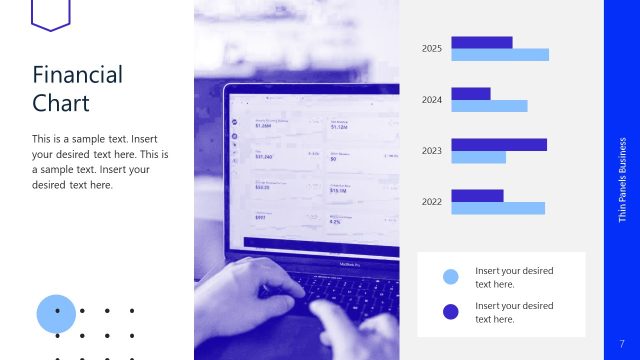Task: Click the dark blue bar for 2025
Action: pyautogui.click(x=481, y=42)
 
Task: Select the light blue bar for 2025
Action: pyautogui.click(x=500, y=55)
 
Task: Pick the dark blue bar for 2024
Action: pyautogui.click(x=470, y=93)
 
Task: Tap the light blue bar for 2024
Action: pyautogui.click(x=489, y=106)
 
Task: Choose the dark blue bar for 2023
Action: pyautogui.click(x=499, y=144)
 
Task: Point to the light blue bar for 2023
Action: pyautogui.click(x=478, y=157)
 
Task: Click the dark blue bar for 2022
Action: pyautogui.click(x=477, y=195)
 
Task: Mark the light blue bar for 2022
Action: pyautogui.click(x=498, y=208)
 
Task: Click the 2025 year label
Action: pyautogui.click(x=432, y=48)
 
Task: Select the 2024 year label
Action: pyautogui.click(x=432, y=100)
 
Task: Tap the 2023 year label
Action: pyautogui.click(x=432, y=151)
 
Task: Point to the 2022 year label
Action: pyautogui.click(x=432, y=202)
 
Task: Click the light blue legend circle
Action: pyautogui.click(x=450, y=277)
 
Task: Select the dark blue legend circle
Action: pyautogui.click(x=450, y=311)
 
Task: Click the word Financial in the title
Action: pyautogui.click(x=77, y=75)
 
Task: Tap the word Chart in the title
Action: pyautogui.click(x=60, y=103)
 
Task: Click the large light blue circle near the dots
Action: pyautogui.click(x=56, y=313)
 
